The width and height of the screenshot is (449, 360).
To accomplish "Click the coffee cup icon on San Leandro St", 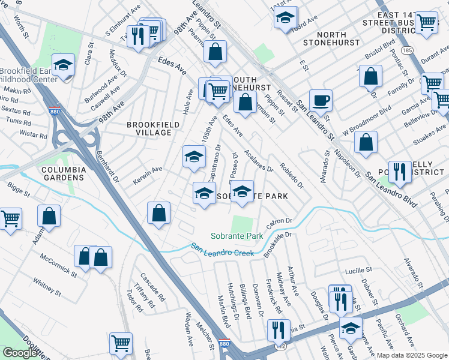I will tap(321, 100).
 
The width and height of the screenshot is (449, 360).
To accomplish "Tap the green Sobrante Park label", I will tap(237, 236).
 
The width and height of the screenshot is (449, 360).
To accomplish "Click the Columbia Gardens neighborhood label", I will tap(64, 173).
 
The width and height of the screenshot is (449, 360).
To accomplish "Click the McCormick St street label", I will tap(58, 265).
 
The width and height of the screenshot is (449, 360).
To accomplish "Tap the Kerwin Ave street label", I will tap(148, 172).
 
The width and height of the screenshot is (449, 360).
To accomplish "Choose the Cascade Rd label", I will tap(152, 287).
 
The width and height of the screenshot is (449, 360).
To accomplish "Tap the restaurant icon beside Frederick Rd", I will tap(279, 329).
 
